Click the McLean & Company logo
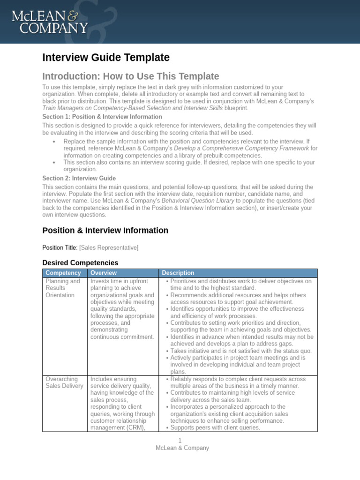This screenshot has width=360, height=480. click(49, 22)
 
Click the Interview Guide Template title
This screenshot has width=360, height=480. click(105, 58)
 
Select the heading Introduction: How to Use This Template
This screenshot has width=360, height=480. click(130, 76)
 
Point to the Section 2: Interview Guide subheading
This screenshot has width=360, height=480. click(79, 178)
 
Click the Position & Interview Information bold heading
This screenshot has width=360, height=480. click(105, 230)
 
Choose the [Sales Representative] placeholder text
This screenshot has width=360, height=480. click(109, 247)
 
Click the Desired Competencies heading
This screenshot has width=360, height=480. click(80, 263)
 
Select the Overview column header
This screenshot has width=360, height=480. click(104, 273)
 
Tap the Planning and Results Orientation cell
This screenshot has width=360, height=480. click(63, 288)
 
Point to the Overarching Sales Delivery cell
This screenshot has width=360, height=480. click(64, 382)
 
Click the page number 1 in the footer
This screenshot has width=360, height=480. click(180, 441)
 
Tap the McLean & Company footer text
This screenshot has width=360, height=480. click(182, 448)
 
